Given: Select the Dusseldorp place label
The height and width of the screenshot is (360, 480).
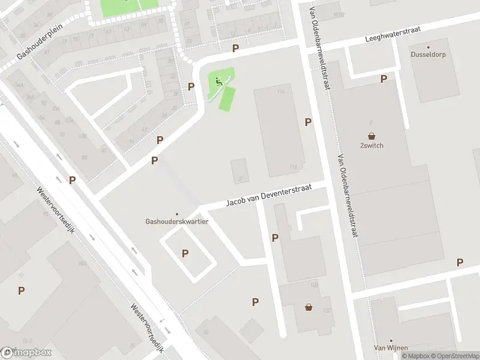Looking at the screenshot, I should [x=428, y=55].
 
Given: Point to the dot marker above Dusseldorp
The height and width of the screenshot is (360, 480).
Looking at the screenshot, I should [x=428, y=47].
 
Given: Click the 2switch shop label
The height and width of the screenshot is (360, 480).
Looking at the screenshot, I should [x=372, y=145].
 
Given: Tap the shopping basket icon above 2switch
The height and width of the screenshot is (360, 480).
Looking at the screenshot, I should [x=372, y=136].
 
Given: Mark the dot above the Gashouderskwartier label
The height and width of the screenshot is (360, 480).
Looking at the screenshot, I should [x=176, y=214].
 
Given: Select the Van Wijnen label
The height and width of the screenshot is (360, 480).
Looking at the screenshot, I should [x=391, y=348].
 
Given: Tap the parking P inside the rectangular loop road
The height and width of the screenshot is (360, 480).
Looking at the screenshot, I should [x=185, y=253].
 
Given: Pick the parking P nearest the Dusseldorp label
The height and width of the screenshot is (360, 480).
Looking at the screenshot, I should [x=383, y=79].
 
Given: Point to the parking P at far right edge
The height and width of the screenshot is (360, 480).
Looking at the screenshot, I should [x=460, y=262].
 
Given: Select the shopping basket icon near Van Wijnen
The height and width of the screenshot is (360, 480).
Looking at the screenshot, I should [x=309, y=307].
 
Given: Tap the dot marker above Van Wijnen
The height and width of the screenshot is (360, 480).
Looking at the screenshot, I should [x=391, y=340].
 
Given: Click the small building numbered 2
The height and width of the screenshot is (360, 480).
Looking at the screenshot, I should [x=239, y=171].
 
